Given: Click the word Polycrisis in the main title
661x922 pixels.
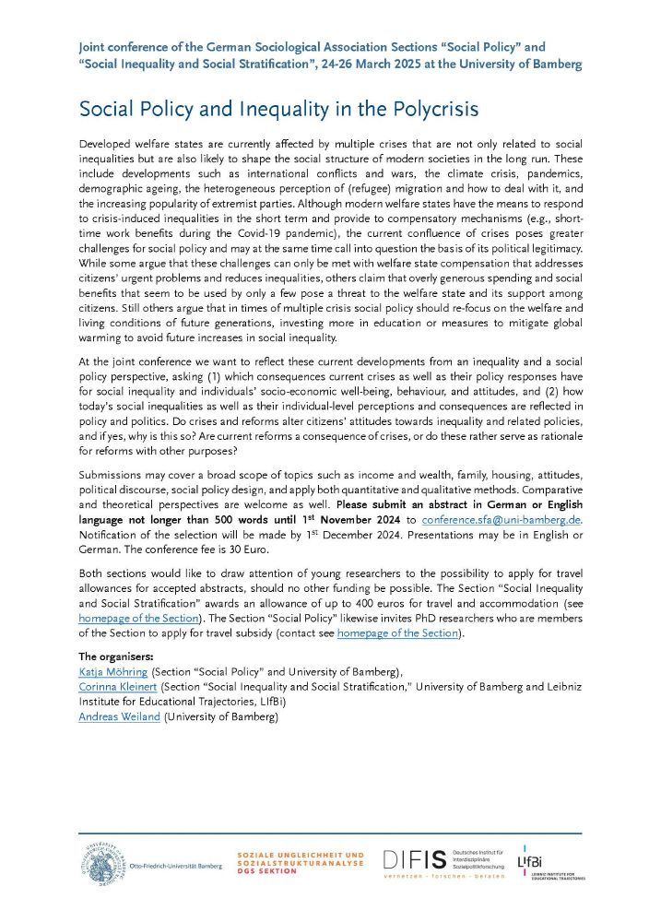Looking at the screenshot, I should click(431, 109).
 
